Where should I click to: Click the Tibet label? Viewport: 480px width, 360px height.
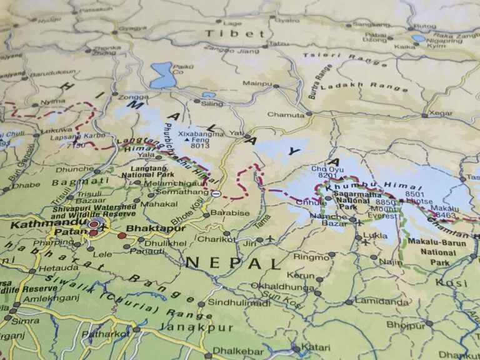point(226,34)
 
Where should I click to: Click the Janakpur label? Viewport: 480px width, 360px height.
point(196,327)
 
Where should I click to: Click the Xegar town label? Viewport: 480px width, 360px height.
point(441,114)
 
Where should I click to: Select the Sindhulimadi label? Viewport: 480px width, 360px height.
point(239,303)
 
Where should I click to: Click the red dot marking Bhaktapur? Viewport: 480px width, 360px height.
point(122,236)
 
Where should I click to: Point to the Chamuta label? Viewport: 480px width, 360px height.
point(286,114)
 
